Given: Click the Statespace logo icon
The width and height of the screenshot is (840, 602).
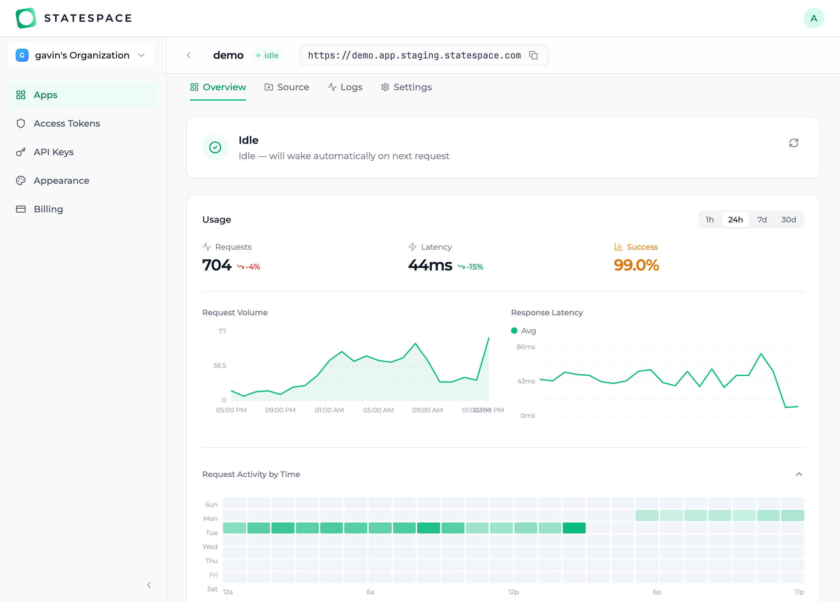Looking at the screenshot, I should (26, 18).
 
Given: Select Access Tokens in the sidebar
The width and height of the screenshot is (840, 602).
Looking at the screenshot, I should (67, 124).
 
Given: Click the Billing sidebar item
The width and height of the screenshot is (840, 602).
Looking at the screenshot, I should (48, 209).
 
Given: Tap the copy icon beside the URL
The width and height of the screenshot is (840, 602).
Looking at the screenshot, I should (533, 56).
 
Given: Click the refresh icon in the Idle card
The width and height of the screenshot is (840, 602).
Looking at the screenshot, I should (793, 143).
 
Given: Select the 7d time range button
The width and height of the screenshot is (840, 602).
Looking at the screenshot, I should (762, 220).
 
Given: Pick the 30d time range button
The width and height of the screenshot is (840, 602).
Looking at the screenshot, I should (788, 220).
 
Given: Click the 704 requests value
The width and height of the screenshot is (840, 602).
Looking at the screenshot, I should (217, 265).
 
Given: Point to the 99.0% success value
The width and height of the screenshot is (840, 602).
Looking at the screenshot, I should (636, 265).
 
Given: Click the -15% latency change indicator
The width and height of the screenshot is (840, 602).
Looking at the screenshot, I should (470, 267).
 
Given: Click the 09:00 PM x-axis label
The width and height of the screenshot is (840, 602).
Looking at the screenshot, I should (280, 410).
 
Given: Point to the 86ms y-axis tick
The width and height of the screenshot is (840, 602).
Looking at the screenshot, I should (526, 347).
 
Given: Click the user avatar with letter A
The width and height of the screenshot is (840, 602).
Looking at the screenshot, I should (813, 18).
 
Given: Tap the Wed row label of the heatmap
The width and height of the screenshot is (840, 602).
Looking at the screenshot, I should (210, 546).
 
